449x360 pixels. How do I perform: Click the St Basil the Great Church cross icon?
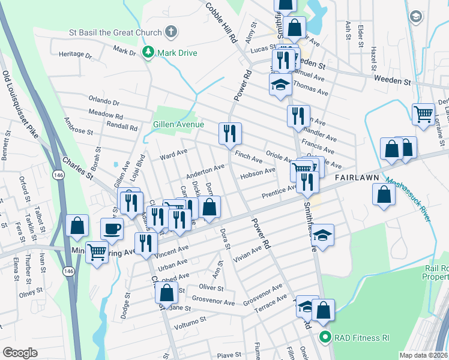tap(171, 32)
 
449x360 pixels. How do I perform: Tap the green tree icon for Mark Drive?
tap(148, 53)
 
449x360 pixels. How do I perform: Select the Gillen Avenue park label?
tap(179, 124)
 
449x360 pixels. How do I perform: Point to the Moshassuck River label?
tap(408, 200)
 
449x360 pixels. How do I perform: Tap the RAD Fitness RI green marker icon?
tap(325, 338)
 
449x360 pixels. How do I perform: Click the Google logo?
tap(20, 353)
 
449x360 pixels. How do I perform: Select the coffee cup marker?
tap(112, 228)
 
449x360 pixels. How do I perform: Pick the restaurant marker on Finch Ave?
tap(229, 133)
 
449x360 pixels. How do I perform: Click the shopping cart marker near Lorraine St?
tap(424, 114)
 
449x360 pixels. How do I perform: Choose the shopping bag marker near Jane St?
tap(166, 292)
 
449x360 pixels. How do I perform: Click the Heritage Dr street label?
tap(76, 55)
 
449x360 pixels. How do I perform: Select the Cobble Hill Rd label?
tap(220, 22)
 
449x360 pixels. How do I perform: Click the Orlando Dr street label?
tap(104, 101)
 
